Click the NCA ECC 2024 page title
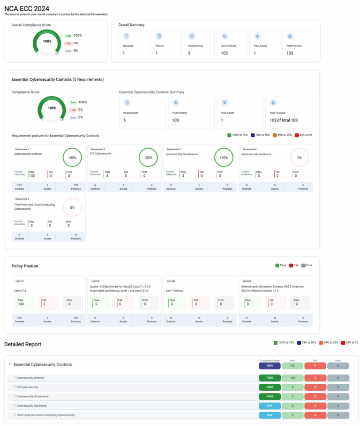coord(26,8)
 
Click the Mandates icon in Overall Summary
coord(126,36)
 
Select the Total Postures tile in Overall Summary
coord(297,45)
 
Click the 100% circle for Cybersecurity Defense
coord(72,158)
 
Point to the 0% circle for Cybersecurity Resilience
coord(300,158)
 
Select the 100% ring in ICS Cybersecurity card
coord(148,158)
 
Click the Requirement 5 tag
coord(22,199)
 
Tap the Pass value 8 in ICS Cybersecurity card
coord(107,176)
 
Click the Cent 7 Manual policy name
coord(175,290)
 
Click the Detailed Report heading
coord(22,344)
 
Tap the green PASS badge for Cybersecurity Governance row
coord(270,396)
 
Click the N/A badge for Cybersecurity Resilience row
coord(270,405)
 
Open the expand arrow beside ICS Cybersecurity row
coord(15,387)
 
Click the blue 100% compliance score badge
coord(270,365)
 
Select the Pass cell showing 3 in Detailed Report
coord(292,396)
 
